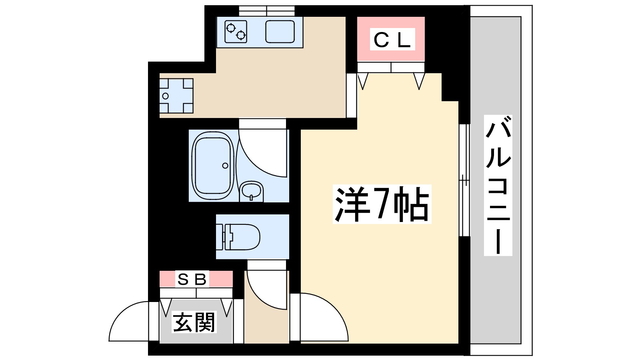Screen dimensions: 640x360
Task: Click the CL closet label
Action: click(x=392, y=40)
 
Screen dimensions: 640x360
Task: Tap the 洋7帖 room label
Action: click(x=382, y=204)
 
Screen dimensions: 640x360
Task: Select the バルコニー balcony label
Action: click(x=498, y=185)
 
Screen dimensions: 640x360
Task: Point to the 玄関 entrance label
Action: click(x=194, y=322)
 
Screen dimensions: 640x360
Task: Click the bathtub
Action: click(x=212, y=166)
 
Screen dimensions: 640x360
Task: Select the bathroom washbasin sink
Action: click(x=251, y=191)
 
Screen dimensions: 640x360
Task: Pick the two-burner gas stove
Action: click(x=236, y=31)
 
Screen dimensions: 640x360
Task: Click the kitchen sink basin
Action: click(x=280, y=31)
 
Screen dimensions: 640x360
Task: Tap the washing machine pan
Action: click(x=176, y=96)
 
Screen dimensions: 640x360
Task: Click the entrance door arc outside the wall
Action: click(x=129, y=322)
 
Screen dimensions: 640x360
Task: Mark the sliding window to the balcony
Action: click(x=464, y=180)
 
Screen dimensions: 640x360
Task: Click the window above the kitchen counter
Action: click(x=266, y=11)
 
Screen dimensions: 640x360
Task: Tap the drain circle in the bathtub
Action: click(x=225, y=166)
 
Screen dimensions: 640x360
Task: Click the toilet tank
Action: click(x=220, y=237)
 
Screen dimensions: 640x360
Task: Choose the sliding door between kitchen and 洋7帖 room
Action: click(x=351, y=95)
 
